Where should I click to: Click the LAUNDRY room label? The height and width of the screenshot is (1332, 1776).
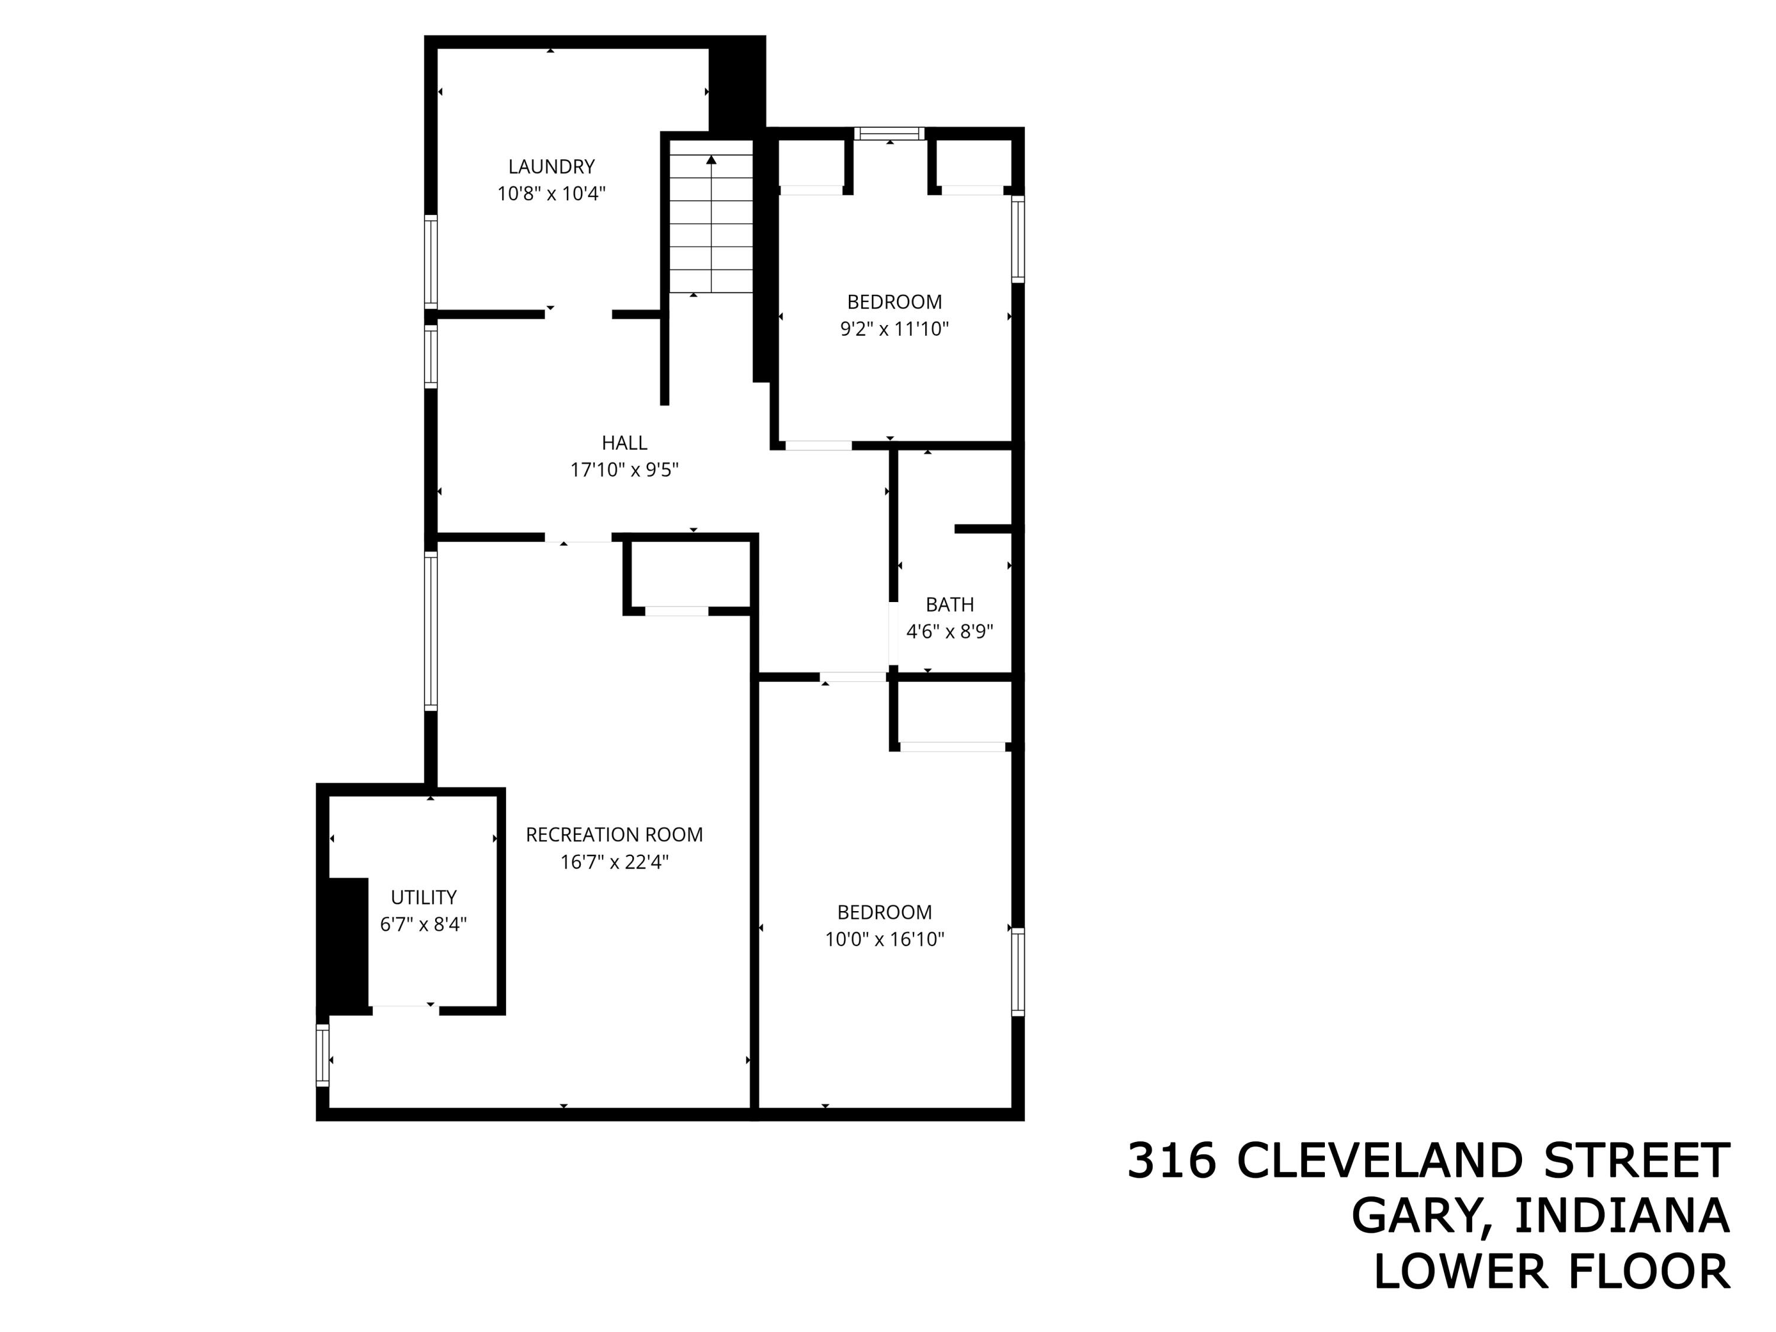pos(551,166)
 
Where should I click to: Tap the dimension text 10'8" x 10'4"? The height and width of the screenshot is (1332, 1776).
pos(551,194)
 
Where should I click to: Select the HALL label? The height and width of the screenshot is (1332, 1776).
pos(624,442)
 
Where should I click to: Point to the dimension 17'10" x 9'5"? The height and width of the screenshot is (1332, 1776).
pos(624,469)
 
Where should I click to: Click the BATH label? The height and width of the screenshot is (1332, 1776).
pos(949,604)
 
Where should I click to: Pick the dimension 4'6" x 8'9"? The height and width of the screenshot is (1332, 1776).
pos(949,632)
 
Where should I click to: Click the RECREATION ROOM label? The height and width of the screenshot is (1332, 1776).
pos(614,835)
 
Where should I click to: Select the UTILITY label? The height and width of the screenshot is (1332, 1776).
pos(423,897)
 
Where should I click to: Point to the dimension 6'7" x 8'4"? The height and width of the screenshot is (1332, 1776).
pos(423,924)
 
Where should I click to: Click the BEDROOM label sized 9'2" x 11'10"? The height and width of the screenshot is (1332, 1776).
pos(895,302)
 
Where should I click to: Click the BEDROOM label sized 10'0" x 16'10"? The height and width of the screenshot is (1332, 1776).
pos(883,912)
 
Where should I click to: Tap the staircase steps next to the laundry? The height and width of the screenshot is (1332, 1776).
pos(712,233)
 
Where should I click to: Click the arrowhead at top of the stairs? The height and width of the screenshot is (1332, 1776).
pos(712,160)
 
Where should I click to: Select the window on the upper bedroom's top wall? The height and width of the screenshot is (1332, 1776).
pos(889,133)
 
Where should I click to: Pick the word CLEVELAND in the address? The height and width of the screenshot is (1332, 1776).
pos(1379,1161)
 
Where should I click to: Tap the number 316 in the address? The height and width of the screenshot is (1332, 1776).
pos(1172,1161)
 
